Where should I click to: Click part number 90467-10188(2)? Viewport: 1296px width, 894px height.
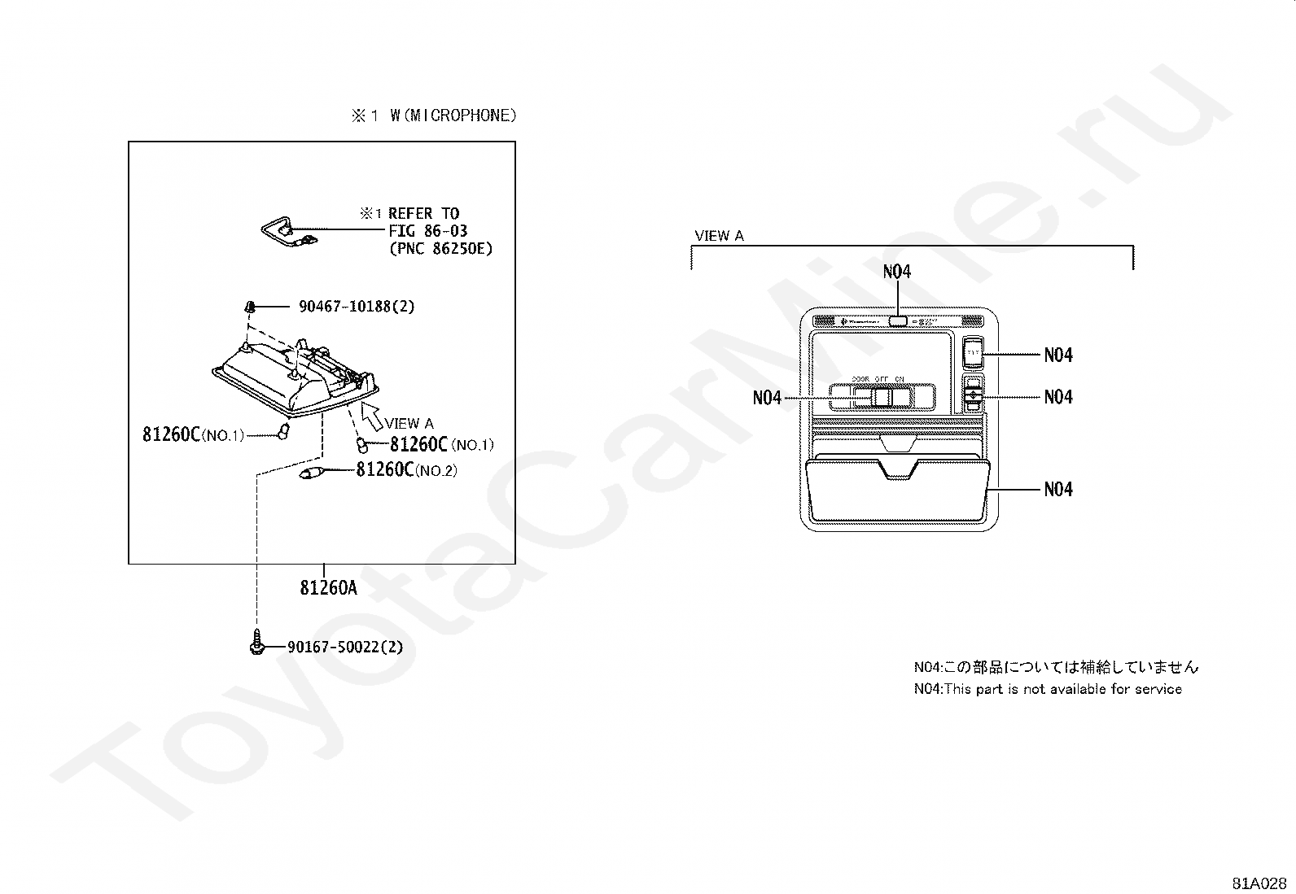(x=357, y=307)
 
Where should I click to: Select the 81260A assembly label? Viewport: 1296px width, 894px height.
(x=328, y=587)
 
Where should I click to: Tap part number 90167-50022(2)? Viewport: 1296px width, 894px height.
(x=345, y=648)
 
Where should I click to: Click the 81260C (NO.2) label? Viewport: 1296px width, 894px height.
(x=406, y=470)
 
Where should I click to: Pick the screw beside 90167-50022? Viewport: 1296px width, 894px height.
(x=256, y=645)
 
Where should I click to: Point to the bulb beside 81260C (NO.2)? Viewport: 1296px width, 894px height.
(x=311, y=472)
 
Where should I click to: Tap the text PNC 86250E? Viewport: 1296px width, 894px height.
(x=440, y=248)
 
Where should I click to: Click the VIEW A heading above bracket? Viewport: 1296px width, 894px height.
(x=719, y=236)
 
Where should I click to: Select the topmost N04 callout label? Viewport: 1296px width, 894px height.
(x=896, y=273)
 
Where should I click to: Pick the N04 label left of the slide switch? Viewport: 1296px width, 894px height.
(x=767, y=397)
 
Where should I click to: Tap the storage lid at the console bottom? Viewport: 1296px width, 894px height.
(x=897, y=491)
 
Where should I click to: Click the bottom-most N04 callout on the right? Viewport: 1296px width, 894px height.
(x=1058, y=489)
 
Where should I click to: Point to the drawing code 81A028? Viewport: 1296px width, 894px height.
(x=1259, y=883)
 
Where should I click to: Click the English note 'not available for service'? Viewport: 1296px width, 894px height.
(x=1048, y=689)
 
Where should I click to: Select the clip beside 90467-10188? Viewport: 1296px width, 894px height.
(x=250, y=307)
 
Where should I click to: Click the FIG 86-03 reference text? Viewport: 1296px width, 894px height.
(x=427, y=231)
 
